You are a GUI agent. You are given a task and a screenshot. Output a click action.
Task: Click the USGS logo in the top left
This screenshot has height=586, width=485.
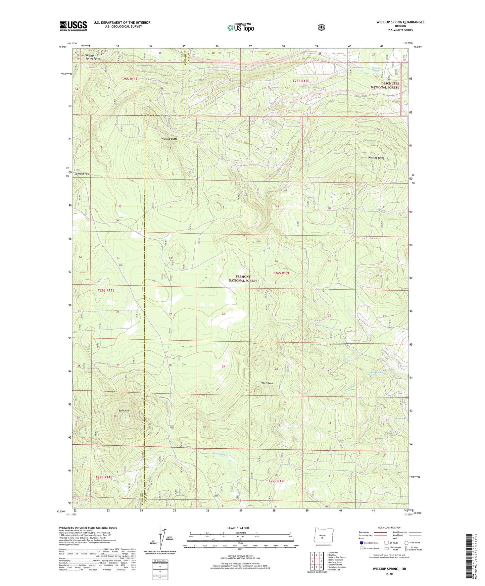(x=73, y=26)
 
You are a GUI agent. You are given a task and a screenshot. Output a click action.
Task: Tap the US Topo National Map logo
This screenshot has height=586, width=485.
(x=240, y=28)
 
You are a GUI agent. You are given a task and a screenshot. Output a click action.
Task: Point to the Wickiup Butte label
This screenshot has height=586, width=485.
(x=169, y=139)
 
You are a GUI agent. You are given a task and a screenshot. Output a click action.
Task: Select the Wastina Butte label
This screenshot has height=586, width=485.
(x=376, y=157)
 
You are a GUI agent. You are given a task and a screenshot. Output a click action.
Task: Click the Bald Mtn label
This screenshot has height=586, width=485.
(x=124, y=410)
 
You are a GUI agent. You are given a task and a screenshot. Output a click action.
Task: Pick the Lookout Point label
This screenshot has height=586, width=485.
(x=83, y=174)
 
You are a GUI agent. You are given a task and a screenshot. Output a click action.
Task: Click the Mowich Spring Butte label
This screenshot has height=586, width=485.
(x=92, y=57)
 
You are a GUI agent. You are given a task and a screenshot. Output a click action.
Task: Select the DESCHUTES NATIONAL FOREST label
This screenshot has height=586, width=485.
(x=385, y=85)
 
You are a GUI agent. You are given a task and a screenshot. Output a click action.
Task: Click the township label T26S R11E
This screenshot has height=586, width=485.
(x=106, y=290)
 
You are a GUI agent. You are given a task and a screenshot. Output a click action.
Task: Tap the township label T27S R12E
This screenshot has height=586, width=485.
(x=277, y=481)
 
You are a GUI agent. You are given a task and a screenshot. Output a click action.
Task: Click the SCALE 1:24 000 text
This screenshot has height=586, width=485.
(x=238, y=528)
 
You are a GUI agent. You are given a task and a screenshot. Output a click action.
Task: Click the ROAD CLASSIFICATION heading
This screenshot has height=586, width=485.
(x=389, y=528)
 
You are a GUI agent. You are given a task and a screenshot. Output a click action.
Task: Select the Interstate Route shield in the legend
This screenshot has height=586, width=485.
(x=361, y=543)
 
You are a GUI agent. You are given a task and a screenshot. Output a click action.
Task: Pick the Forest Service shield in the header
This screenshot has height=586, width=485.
(x=322, y=27)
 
